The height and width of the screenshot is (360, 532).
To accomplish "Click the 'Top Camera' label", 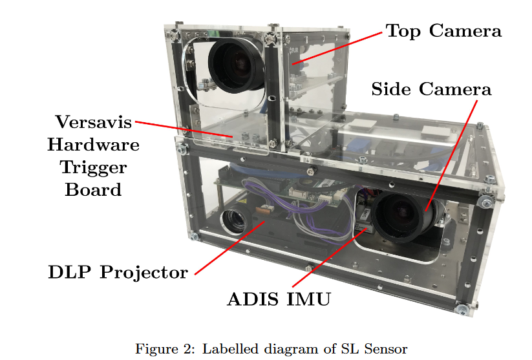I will point(443,30).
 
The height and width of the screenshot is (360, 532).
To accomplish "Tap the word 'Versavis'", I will point(93,122).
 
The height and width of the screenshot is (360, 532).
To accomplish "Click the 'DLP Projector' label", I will point(118,272).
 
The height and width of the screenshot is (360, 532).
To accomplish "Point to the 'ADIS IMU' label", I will point(279,299).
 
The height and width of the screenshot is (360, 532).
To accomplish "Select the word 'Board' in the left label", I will point(93,189).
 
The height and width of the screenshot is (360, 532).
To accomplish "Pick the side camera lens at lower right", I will point(402,217).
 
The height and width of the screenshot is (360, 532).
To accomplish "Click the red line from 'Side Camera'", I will point(452,155).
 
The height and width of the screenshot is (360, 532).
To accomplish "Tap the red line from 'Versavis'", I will point(184,129).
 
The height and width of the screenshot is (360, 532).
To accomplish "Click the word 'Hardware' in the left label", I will point(93,144).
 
